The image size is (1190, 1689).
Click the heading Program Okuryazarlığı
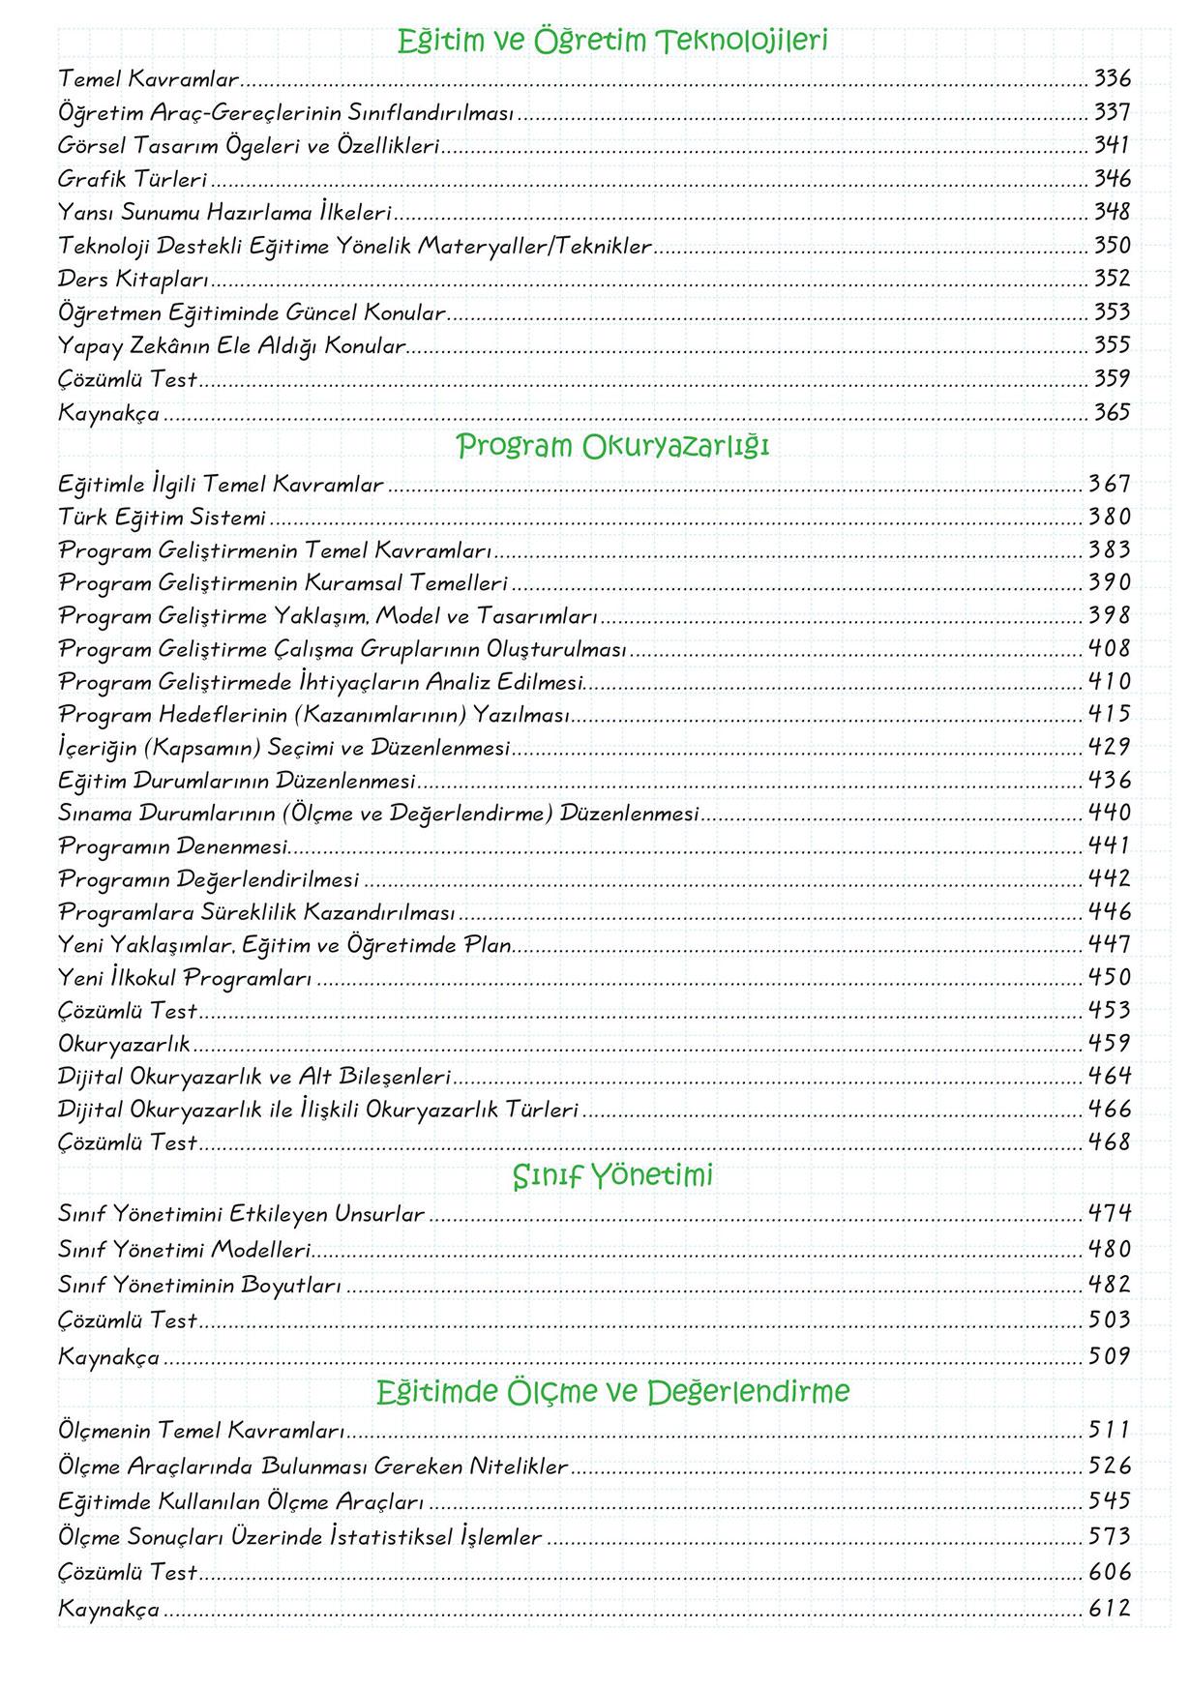click(612, 447)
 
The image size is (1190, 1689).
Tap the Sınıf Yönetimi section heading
click(612, 1176)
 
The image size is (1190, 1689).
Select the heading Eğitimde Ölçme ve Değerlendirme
click(612, 1392)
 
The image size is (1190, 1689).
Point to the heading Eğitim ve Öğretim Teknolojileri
click(612, 42)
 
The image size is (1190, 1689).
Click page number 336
click(1112, 78)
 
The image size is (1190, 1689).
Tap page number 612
click(1109, 1609)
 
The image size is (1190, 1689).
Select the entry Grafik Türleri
click(133, 179)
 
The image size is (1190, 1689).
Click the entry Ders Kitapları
click(134, 280)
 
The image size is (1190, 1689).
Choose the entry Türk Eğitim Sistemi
click(162, 518)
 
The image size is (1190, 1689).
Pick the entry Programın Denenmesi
click(173, 846)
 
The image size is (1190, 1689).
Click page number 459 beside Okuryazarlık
click(1109, 1043)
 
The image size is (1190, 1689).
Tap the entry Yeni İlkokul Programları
click(185, 978)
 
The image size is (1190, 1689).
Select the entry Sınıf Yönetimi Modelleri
click(184, 1250)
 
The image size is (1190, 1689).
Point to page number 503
click(1109, 1319)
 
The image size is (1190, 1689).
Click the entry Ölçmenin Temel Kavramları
click(201, 1431)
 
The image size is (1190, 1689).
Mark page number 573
click(1109, 1536)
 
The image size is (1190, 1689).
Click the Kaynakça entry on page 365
click(108, 413)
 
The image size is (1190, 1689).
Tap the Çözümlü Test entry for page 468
click(128, 1142)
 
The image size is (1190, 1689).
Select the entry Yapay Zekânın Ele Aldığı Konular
click(231, 345)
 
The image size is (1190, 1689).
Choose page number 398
click(1109, 615)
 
